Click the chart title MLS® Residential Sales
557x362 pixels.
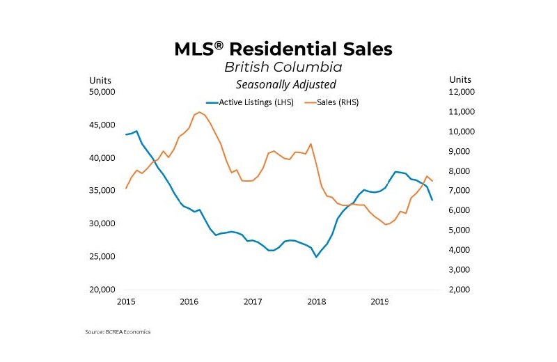pyautogui.click(x=283, y=49)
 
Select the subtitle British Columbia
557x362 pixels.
pyautogui.click(x=283, y=68)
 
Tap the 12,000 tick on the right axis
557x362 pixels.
pyautogui.click(x=461, y=92)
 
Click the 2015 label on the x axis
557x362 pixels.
pyautogui.click(x=125, y=302)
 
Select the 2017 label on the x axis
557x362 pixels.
pyautogui.click(x=253, y=302)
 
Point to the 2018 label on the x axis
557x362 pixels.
pyautogui.click(x=316, y=302)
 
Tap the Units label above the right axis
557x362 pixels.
pyautogui.click(x=460, y=79)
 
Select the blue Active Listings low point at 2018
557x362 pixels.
pyautogui.click(x=317, y=257)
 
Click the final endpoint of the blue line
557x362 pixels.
pyautogui.click(x=432, y=200)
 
